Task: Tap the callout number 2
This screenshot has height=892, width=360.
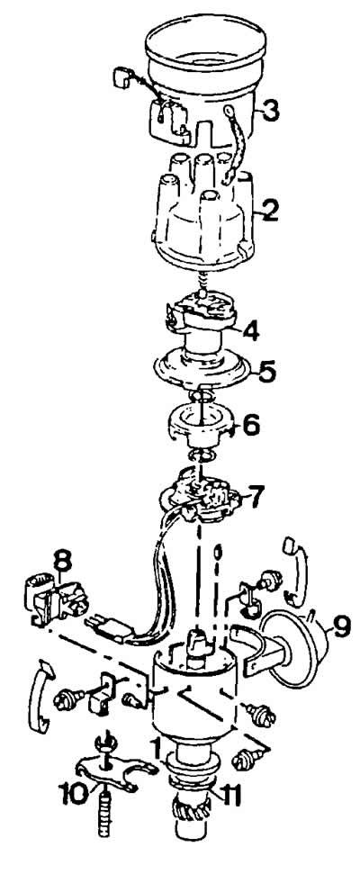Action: pos(268,210)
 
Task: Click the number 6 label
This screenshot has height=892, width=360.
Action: pos(251,423)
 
